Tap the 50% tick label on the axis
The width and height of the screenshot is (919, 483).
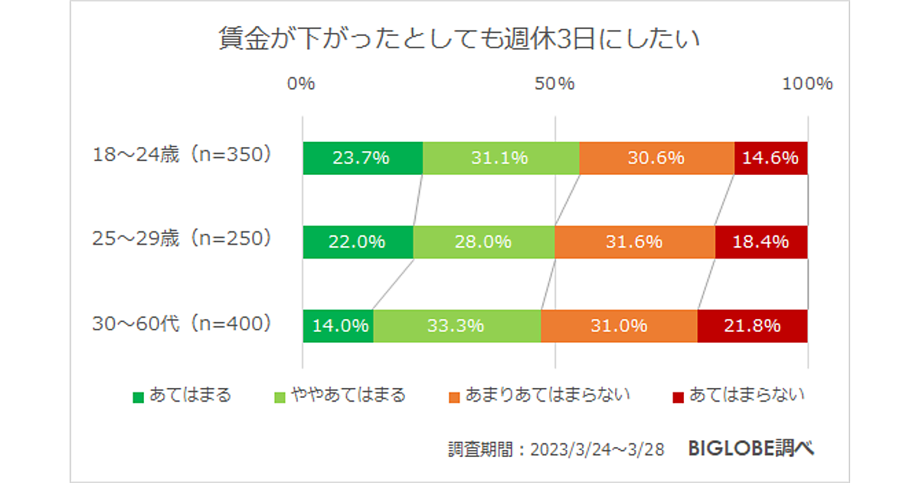[x=554, y=84]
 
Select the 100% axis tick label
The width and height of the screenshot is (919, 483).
[x=807, y=84]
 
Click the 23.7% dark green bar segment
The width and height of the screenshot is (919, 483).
[x=362, y=159]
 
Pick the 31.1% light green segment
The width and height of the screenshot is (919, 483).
[x=501, y=159]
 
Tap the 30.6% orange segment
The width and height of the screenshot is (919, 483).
[x=656, y=159]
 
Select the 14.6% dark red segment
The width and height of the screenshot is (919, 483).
[x=771, y=159]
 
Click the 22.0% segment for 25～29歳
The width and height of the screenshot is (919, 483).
[x=358, y=242]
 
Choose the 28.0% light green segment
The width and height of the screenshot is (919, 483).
[x=483, y=242]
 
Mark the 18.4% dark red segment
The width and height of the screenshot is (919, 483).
[x=761, y=242]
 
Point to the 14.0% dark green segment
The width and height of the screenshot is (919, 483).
[x=338, y=326]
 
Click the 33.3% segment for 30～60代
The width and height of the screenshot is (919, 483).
[x=456, y=326]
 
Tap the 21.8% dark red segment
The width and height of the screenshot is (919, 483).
[x=752, y=326]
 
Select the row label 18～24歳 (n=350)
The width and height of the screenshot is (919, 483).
[x=182, y=155]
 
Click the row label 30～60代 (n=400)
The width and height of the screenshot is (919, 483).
[x=182, y=324]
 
